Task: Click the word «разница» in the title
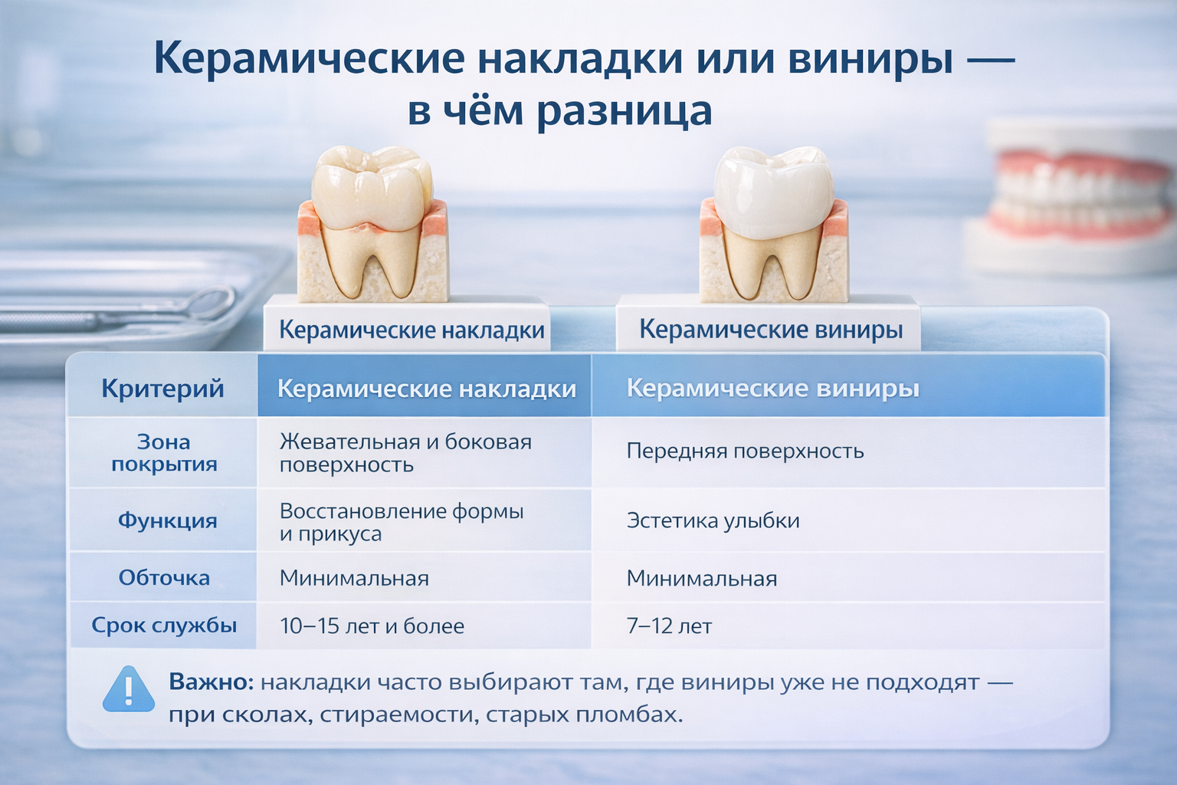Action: pos(625,111)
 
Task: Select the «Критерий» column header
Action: pos(163,389)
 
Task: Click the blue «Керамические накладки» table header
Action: pos(427,389)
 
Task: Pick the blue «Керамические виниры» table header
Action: pos(773,389)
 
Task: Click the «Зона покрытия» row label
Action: pos(164,453)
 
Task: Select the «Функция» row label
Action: pos(167,521)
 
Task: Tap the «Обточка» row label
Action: pos(164,578)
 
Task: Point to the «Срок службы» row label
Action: pos(164,625)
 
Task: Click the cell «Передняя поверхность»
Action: pos(745,451)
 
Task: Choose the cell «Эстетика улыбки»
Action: pos(713,521)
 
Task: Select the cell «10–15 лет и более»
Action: pos(372,626)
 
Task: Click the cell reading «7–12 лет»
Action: pos(670,626)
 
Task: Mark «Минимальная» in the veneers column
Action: pos(701,578)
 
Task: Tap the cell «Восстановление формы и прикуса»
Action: pos(402,522)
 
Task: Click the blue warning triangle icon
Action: pos(129,690)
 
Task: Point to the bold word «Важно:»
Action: pos(211,682)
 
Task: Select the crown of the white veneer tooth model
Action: pos(775,190)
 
